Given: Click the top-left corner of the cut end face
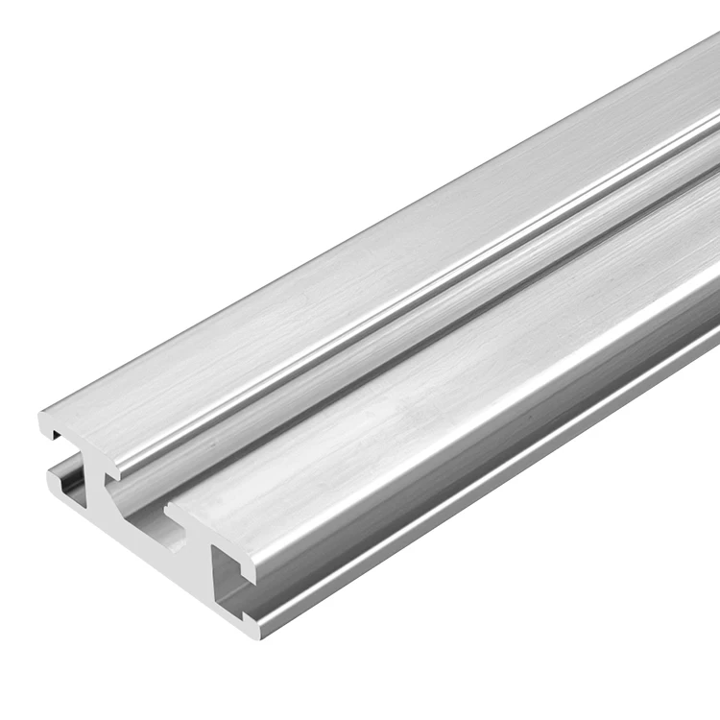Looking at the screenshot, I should click(41, 416).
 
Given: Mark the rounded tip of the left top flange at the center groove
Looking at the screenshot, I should click(113, 470).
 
